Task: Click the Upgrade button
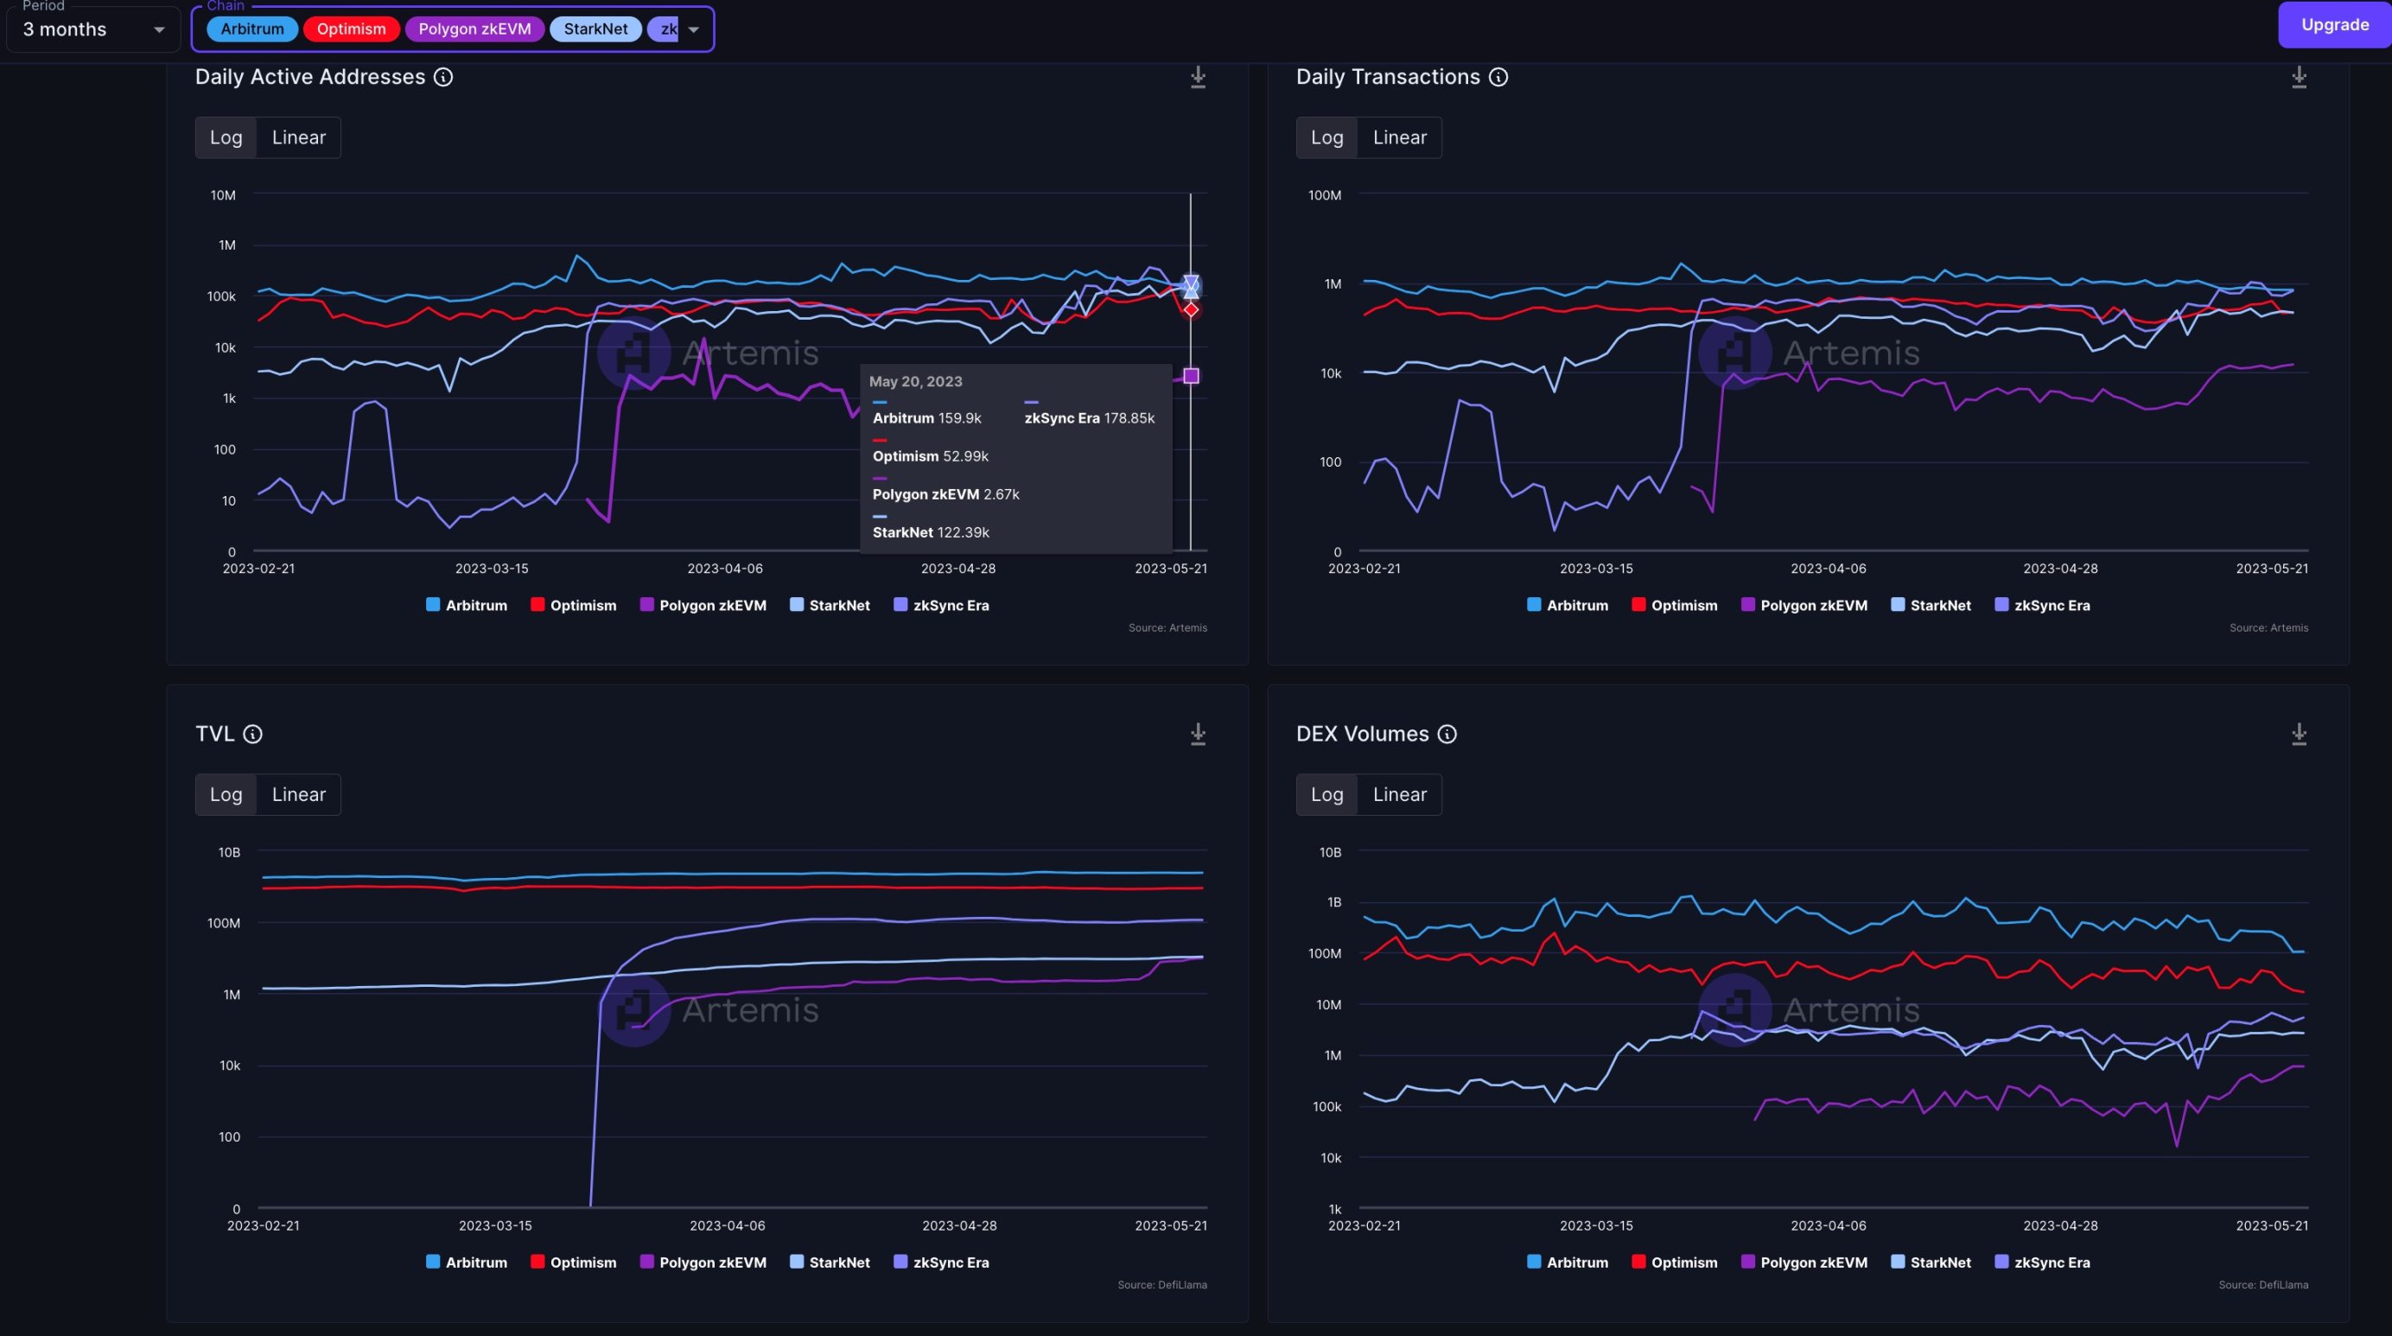click(2333, 25)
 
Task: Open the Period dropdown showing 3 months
click(92, 29)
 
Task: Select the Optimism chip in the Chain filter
click(351, 29)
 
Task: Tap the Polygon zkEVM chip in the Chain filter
click(474, 29)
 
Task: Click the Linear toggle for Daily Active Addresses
click(298, 137)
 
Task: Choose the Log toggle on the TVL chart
click(226, 795)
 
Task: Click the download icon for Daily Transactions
click(2298, 77)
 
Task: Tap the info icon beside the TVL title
click(252, 735)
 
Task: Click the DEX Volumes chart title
click(1361, 735)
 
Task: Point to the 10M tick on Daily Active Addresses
click(223, 195)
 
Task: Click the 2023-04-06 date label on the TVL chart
click(727, 1225)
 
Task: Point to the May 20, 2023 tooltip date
click(914, 382)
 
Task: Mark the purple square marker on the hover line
click(1192, 376)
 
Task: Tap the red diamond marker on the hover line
click(1192, 309)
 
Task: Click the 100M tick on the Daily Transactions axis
click(1324, 195)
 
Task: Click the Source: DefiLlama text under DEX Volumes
click(2262, 1285)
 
